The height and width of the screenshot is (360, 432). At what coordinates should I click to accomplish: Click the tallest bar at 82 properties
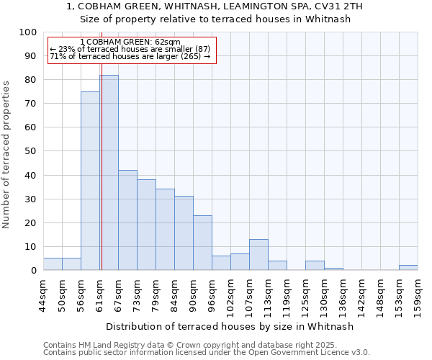pos(109,173)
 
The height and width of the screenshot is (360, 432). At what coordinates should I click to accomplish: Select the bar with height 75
pos(90,181)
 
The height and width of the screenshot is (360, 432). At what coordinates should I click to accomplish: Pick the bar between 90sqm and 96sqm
pos(202,243)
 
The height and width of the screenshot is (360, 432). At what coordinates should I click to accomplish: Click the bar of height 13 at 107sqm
pos(258,255)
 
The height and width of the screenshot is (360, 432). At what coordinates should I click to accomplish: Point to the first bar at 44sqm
pos(53,264)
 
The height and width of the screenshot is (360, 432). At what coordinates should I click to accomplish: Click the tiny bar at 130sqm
pos(333,269)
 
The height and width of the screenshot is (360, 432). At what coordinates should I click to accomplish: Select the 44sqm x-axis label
pos(43,294)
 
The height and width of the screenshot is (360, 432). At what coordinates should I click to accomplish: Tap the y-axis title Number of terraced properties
pos(6,154)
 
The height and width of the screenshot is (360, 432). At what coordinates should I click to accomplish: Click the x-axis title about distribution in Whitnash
pos(230,327)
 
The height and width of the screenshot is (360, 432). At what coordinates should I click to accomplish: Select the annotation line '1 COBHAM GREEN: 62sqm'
pos(130,42)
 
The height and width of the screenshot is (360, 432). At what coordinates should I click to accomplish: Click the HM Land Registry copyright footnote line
pos(205,345)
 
